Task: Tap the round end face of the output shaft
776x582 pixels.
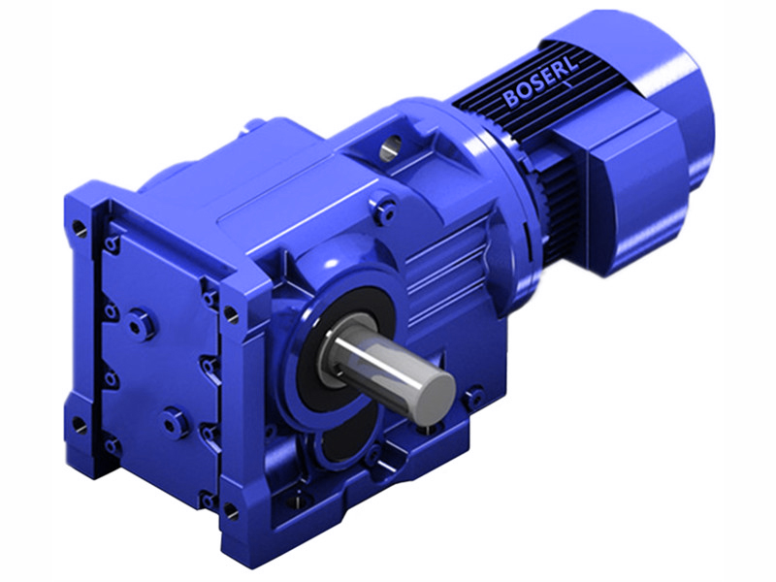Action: pos(432,395)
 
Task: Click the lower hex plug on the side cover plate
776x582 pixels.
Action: pos(175,422)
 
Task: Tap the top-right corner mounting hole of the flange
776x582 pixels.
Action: pos(231,313)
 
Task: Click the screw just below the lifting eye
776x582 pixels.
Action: pos(387,207)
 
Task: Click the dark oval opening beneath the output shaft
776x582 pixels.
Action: pos(339,456)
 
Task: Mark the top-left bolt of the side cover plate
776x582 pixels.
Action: pos(113,242)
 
